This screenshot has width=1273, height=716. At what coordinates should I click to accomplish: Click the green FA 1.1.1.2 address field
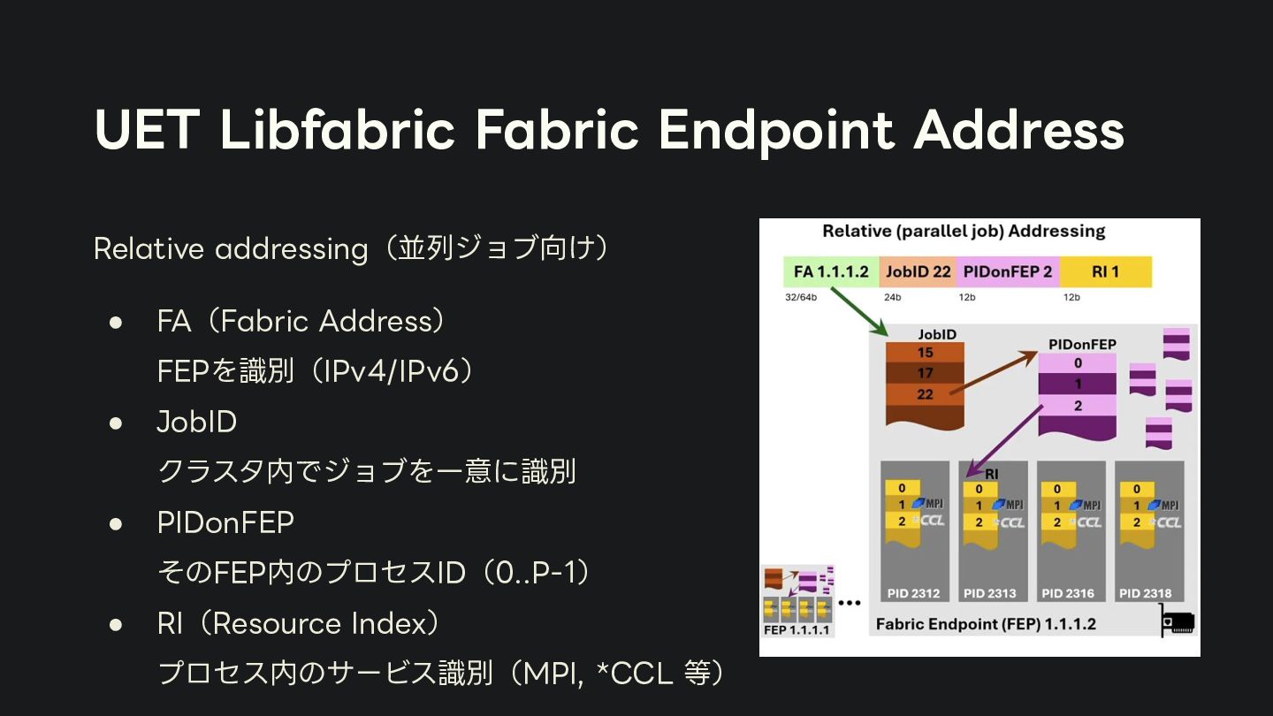pos(831,271)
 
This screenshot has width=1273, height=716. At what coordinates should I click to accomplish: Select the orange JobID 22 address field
pos(918,271)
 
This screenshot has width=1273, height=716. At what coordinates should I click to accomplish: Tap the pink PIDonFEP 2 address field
pos(1007,271)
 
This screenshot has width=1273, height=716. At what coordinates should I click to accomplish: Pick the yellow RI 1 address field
pos(1105,271)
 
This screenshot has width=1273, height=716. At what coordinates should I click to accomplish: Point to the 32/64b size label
pos(801,297)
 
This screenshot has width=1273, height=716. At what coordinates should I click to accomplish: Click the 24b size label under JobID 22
pos(892,297)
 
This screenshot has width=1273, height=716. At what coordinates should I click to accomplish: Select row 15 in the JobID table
pos(925,353)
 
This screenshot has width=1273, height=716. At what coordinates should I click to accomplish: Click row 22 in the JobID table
pos(925,394)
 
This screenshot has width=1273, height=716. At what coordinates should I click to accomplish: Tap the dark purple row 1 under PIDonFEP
pos(1078,385)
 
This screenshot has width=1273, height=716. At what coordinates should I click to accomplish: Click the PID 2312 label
pos(914,593)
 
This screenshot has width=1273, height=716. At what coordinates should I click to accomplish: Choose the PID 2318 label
pos(1146,593)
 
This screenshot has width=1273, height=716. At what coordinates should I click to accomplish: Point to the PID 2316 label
pos(1068,593)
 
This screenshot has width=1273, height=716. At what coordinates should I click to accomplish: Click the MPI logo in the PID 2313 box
pos(1008,505)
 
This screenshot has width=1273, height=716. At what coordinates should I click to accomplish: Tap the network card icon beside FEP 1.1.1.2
pos(1178,622)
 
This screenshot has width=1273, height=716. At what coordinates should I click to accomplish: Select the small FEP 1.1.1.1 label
pos(797,629)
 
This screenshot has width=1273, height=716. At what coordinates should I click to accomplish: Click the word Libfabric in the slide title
pos(337,130)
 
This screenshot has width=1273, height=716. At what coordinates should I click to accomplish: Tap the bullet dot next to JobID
pos(115,423)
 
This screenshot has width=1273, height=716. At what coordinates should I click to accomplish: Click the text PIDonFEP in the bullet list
pos(225,522)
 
